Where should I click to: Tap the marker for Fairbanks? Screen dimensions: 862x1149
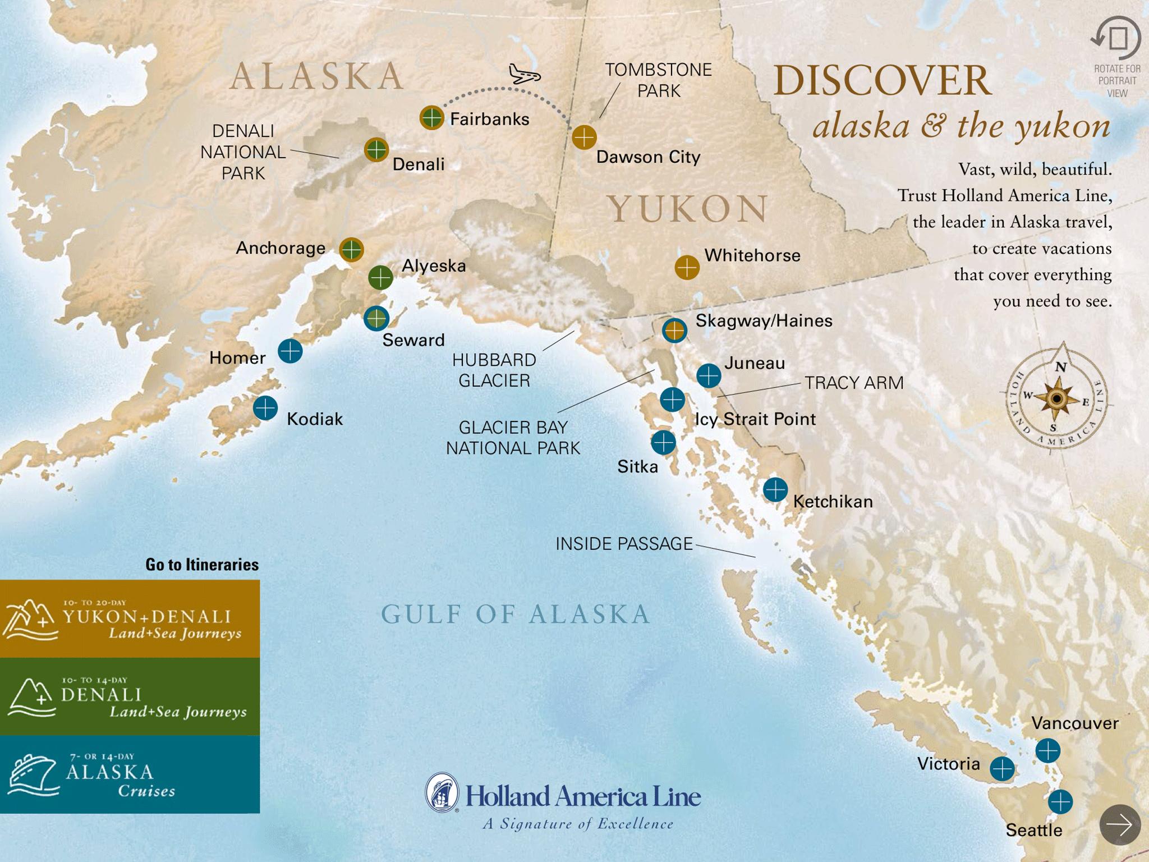pyautogui.click(x=431, y=118)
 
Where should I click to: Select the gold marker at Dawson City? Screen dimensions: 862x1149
pyautogui.click(x=584, y=137)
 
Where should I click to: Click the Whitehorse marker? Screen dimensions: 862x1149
pyautogui.click(x=687, y=268)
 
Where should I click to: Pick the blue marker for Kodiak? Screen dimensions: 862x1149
pyautogui.click(x=265, y=408)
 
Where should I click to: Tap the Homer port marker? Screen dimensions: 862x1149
pyautogui.click(x=290, y=352)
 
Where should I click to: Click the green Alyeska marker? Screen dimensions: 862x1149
pyautogui.click(x=380, y=277)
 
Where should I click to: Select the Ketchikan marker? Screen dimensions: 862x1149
pyautogui.click(x=775, y=490)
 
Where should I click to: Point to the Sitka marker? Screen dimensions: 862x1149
pyautogui.click(x=663, y=442)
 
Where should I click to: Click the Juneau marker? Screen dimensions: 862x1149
pyautogui.click(x=709, y=375)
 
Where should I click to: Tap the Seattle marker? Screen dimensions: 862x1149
pyautogui.click(x=1060, y=801)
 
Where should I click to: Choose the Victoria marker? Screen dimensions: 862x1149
pyautogui.click(x=1002, y=769)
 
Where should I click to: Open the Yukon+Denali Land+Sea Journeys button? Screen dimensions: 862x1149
pyautogui.click(x=130, y=618)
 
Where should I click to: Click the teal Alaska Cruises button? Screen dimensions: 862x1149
pyautogui.click(x=130, y=774)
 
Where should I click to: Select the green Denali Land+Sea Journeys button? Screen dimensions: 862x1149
pyautogui.click(x=130, y=696)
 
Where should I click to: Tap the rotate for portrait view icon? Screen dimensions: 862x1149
pyautogui.click(x=1116, y=39)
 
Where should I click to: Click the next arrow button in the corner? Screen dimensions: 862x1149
pyautogui.click(x=1120, y=825)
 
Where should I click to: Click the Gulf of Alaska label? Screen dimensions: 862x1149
pyautogui.click(x=515, y=614)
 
